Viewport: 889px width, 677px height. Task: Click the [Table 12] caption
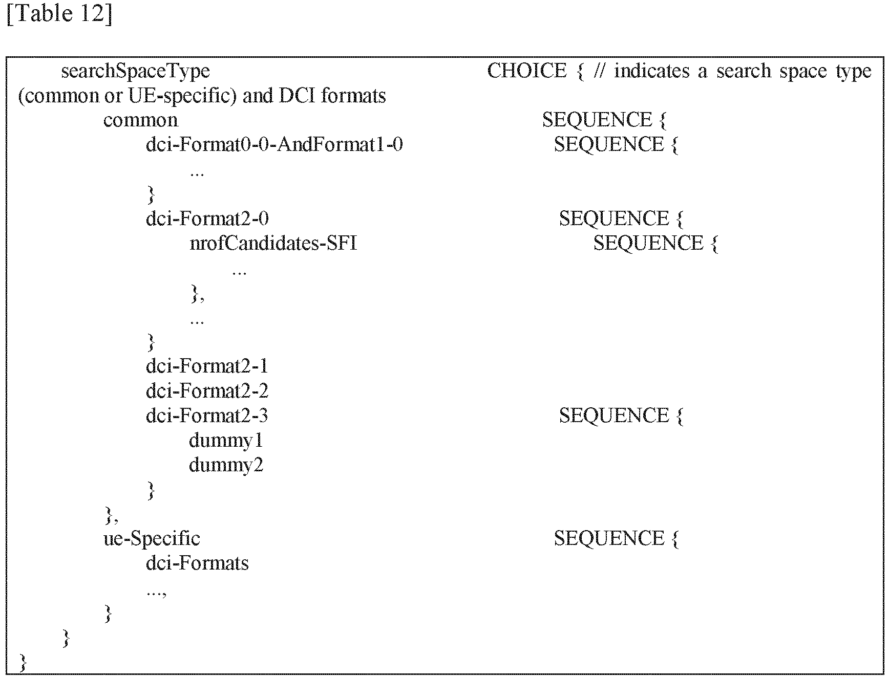tap(59, 13)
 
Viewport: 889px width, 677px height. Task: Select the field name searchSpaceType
tap(135, 71)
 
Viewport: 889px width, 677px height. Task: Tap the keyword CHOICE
tap(526, 71)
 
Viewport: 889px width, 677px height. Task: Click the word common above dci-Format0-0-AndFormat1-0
tap(140, 120)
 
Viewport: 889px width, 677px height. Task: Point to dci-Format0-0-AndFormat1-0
tap(274, 144)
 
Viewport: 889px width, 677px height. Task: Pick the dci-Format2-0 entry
tap(207, 219)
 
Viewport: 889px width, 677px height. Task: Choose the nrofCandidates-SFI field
tap(273, 243)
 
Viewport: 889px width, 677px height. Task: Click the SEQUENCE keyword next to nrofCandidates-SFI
tap(648, 243)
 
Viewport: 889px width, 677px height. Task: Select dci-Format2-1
tap(207, 366)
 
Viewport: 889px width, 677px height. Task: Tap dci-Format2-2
tap(207, 391)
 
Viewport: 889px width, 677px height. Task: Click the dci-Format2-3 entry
tap(207, 415)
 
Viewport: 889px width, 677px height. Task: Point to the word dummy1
tap(226, 441)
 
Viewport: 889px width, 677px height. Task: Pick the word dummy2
tap(226, 465)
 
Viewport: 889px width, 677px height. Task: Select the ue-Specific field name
tap(152, 538)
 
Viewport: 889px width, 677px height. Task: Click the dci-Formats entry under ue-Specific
tap(197, 563)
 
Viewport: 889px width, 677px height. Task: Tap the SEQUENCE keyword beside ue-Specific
tap(608, 538)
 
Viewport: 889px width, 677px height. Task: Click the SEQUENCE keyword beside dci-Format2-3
tap(613, 416)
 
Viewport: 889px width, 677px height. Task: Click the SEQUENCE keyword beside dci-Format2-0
tap(613, 219)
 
